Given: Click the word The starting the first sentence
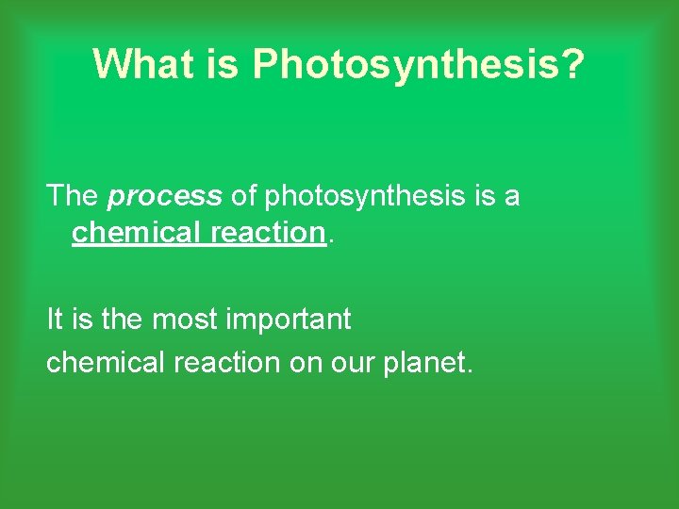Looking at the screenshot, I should click(x=73, y=196).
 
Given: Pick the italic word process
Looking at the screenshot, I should click(x=165, y=196).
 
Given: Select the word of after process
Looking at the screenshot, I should click(x=243, y=196).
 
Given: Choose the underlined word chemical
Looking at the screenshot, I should click(x=137, y=232).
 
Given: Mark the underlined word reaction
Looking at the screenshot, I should click(x=267, y=232).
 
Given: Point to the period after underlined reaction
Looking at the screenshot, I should click(x=329, y=239).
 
